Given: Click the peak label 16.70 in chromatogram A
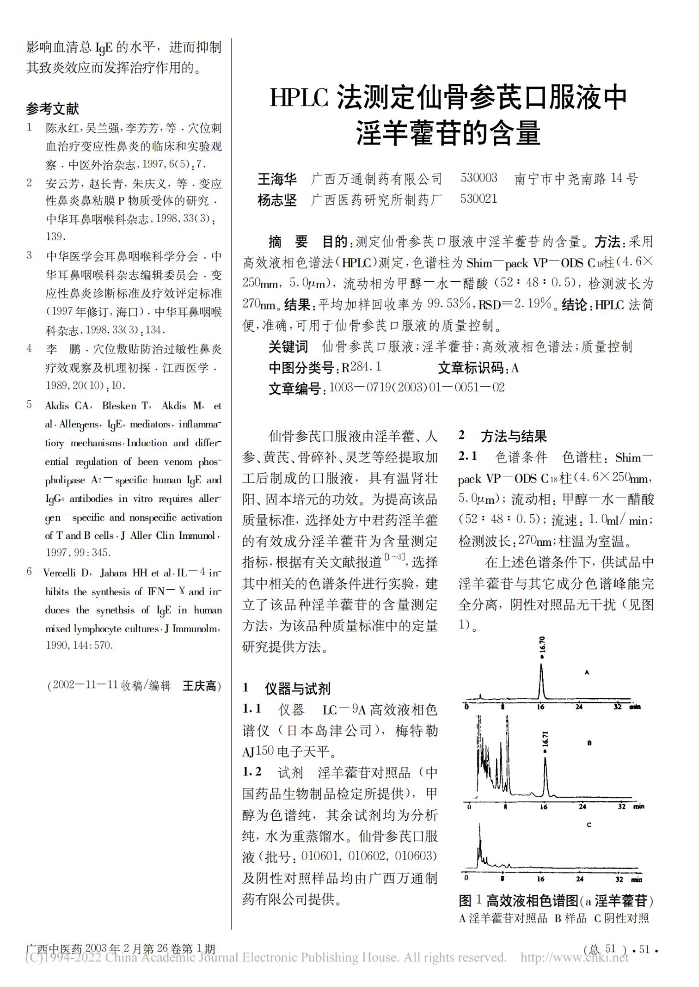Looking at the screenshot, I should [x=543, y=645].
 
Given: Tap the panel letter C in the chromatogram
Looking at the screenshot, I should [x=589, y=825].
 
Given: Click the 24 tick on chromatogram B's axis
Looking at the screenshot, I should [x=583, y=807].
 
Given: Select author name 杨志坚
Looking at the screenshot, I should [x=277, y=200].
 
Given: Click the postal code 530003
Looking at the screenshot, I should [x=478, y=178].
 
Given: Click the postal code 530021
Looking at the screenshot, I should [x=478, y=199].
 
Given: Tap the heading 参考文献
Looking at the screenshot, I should [x=53, y=109].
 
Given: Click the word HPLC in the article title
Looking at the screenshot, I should [x=299, y=98].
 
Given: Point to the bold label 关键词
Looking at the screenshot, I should [x=288, y=346].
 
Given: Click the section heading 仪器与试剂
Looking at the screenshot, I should [x=297, y=688].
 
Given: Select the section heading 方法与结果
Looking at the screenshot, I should [x=514, y=436].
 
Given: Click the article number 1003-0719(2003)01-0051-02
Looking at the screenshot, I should [x=417, y=388].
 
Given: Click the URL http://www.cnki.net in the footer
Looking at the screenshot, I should [x=575, y=958].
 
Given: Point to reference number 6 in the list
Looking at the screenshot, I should [x=30, y=572].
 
